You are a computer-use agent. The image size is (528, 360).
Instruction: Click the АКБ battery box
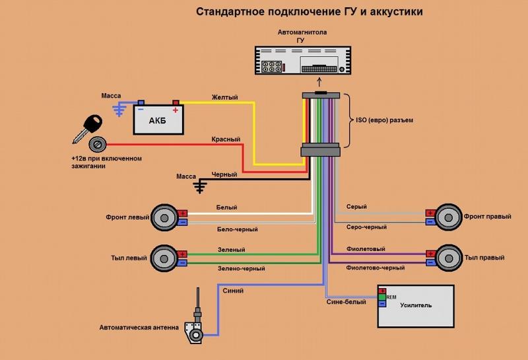click(158, 120)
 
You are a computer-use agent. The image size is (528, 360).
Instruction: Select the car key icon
click(88, 128)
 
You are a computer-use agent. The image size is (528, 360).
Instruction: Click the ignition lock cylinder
click(98, 145)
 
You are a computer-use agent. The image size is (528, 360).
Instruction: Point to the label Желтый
click(224, 97)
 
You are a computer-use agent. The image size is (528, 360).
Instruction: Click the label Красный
click(226, 139)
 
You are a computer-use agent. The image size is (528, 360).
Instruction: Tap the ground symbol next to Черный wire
click(200, 186)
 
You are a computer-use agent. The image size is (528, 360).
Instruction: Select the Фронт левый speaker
click(164, 218)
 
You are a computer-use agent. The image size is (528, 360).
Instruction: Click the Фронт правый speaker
click(448, 217)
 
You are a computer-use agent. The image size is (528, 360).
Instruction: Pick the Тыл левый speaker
click(164, 258)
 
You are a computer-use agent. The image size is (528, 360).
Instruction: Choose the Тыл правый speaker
click(449, 258)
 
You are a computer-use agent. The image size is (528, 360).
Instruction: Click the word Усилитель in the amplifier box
click(416, 305)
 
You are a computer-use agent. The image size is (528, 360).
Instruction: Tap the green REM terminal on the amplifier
click(382, 297)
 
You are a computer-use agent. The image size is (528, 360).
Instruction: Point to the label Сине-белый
click(346, 302)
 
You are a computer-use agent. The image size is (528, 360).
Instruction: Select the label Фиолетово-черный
click(375, 268)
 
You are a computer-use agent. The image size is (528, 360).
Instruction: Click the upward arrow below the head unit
click(319, 83)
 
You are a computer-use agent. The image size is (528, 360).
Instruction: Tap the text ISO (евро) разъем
click(384, 120)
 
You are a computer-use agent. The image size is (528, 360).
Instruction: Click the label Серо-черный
click(366, 227)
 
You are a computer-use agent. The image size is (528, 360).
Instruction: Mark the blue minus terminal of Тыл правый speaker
click(430, 262)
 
